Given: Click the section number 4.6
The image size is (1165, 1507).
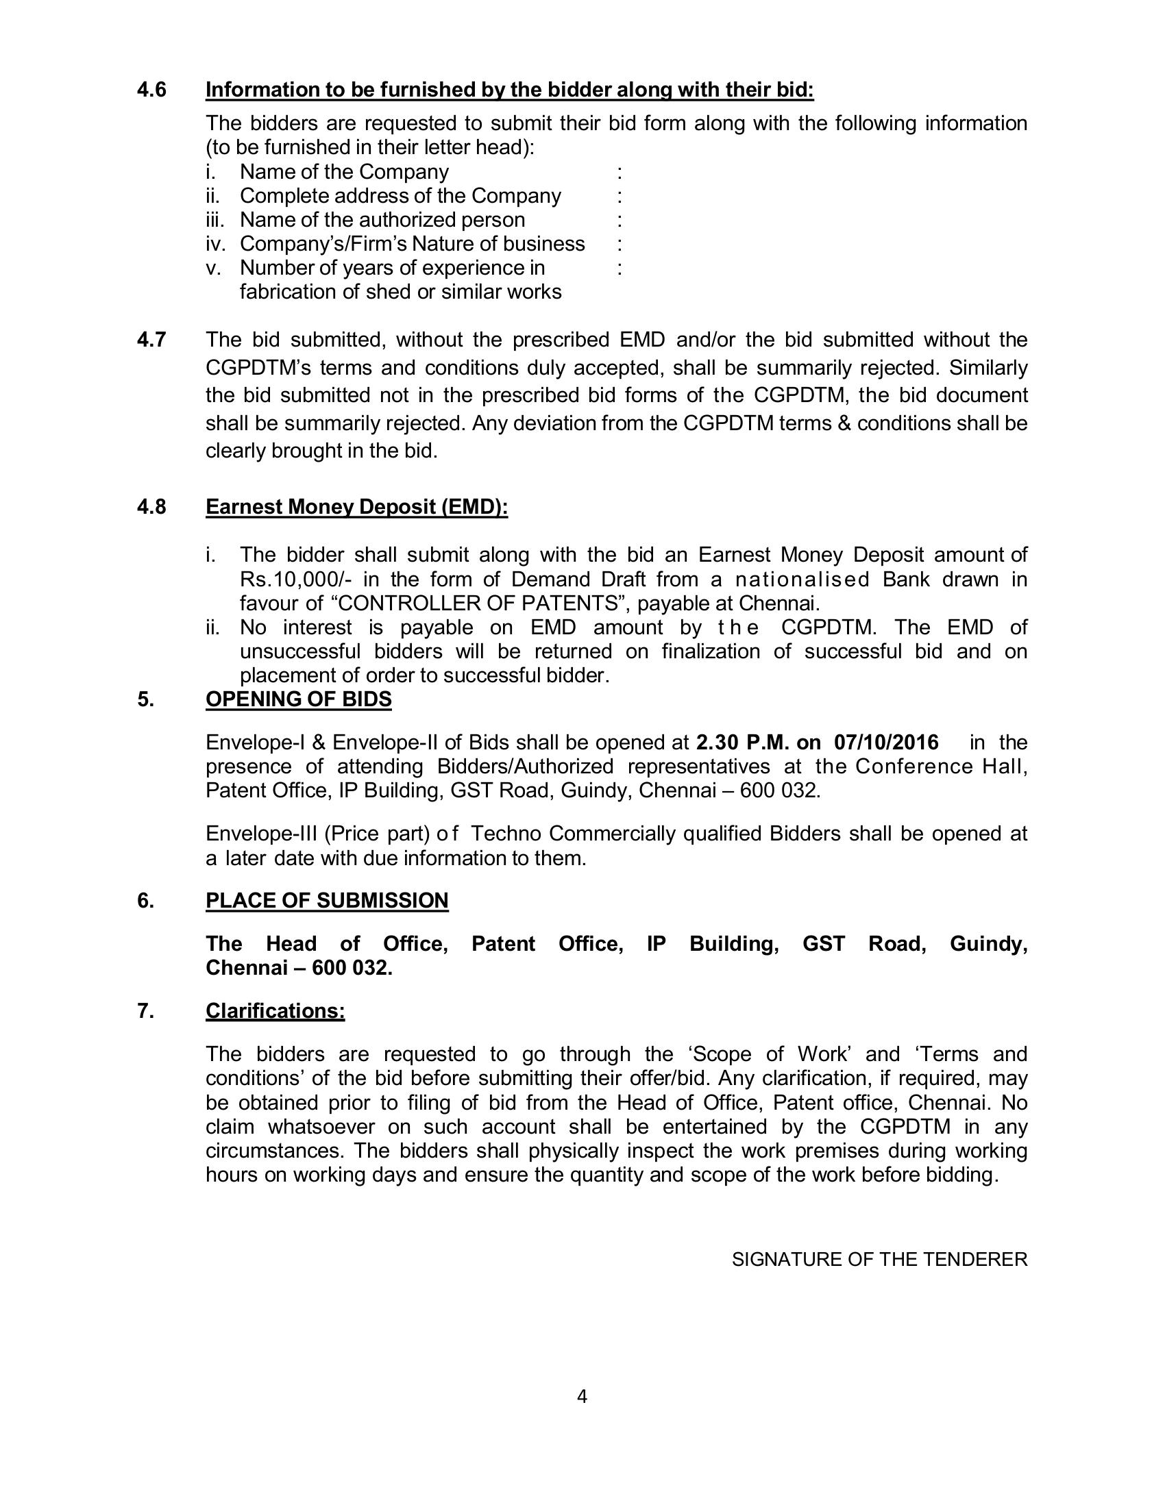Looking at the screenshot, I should (x=152, y=90).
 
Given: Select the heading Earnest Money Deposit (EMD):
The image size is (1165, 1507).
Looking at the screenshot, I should (x=356, y=507).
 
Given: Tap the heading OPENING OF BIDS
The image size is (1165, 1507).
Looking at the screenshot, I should (x=298, y=699).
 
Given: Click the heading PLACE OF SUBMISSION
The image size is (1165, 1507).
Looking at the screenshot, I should (x=326, y=901).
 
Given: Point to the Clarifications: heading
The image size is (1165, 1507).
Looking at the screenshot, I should (x=275, y=1011).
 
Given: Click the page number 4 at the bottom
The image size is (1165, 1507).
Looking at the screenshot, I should (x=582, y=1397).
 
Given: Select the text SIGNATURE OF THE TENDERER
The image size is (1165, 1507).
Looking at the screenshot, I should (x=879, y=1259).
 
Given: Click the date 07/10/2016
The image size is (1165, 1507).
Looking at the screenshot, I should (x=886, y=743).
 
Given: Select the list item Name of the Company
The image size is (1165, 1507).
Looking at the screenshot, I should (x=344, y=172).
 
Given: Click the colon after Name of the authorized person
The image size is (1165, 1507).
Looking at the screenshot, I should (x=620, y=220).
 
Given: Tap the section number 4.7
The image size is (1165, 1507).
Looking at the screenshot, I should (x=152, y=340).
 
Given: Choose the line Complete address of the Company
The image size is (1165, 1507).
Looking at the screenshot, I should (x=400, y=196).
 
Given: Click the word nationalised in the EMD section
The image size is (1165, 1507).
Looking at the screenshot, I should (x=801, y=579).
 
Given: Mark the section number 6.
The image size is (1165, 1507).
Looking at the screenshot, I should (x=145, y=901).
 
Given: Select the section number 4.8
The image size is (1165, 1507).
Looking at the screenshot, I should (x=152, y=507).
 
